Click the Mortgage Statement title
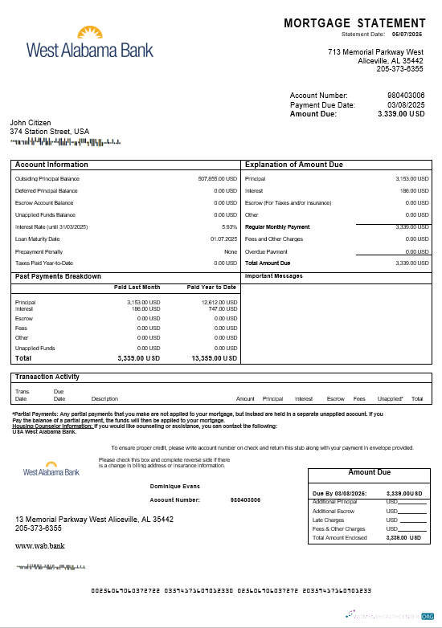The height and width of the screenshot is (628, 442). pyautogui.click(x=354, y=23)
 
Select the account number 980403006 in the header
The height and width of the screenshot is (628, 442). pyautogui.click(x=406, y=96)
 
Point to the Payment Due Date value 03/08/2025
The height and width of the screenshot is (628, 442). pyautogui.click(x=406, y=105)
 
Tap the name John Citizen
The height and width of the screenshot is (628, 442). pyautogui.click(x=31, y=123)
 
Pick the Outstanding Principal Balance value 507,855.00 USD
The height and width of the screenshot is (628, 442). pyautogui.click(x=217, y=178)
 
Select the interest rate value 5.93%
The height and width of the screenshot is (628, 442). pyautogui.click(x=229, y=226)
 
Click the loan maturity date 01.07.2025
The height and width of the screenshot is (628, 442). pyautogui.click(x=223, y=239)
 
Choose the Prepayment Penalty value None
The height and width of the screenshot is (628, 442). pyautogui.click(x=231, y=251)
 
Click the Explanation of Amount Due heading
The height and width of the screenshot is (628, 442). pyautogui.click(x=293, y=165)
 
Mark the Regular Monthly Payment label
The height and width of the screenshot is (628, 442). pyautogui.click(x=277, y=226)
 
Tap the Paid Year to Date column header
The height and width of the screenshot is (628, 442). pyautogui.click(x=211, y=287)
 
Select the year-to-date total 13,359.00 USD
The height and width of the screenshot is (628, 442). pyautogui.click(x=214, y=358)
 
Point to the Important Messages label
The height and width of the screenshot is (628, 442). pyautogui.click(x=273, y=276)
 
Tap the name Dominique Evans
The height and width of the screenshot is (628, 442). pyautogui.click(x=176, y=486)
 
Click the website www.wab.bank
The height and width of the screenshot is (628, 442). pyautogui.click(x=39, y=545)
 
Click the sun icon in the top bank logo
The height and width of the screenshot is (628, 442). pyautogui.click(x=90, y=33)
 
